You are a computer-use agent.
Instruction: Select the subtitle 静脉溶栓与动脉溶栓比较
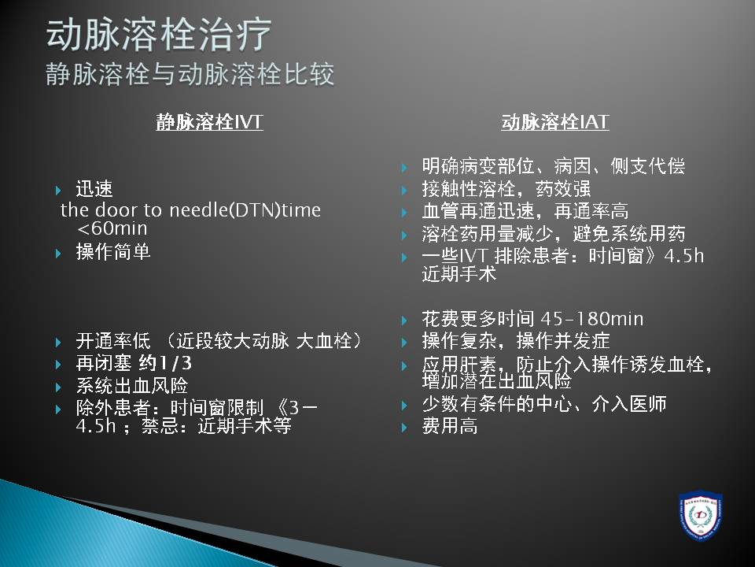coord(190,75)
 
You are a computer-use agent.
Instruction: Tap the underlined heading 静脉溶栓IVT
coord(209,121)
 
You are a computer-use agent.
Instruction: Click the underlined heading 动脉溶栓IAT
coord(555,121)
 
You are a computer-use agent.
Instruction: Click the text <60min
coord(112,228)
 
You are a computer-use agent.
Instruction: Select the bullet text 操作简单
coord(113,251)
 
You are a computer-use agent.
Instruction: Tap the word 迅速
coord(94,188)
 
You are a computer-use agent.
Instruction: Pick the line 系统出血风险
coord(132,386)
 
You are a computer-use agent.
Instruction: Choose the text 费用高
coord(450,426)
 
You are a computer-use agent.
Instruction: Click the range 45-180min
coord(592,319)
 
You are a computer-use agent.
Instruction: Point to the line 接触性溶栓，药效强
coord(506,188)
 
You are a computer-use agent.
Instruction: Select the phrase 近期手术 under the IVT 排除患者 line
coord(459,274)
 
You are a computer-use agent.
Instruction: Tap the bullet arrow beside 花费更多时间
coord(405,321)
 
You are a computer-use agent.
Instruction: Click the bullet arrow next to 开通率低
coord(59,343)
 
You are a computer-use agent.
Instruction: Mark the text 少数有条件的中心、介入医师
coord(544,404)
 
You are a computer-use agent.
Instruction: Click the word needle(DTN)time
coord(245,209)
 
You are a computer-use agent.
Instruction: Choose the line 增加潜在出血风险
coord(496,381)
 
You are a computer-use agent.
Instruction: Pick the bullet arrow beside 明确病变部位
coord(405,168)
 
